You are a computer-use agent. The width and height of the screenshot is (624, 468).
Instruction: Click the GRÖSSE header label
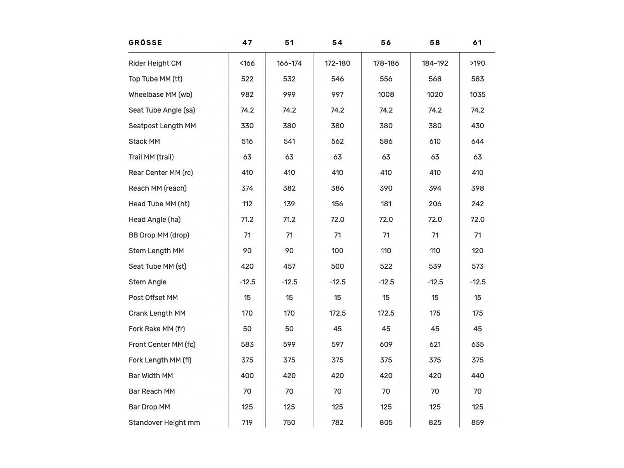145,43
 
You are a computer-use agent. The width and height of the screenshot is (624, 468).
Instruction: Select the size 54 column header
337,43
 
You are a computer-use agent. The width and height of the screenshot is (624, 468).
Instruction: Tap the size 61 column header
477,43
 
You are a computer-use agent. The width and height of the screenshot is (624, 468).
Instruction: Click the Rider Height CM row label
155,63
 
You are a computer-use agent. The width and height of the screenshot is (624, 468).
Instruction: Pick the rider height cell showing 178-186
386,63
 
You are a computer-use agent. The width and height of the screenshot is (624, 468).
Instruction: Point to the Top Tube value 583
477,79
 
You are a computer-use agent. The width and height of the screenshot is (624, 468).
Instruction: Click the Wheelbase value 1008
386,94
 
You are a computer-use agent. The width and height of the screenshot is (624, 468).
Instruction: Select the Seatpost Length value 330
247,126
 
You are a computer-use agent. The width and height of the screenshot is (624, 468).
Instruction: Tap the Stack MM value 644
477,141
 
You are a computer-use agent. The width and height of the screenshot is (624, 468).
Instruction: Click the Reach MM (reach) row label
158,188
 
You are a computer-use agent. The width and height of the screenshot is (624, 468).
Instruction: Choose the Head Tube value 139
289,204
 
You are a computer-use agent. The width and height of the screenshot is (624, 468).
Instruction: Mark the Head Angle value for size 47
247,219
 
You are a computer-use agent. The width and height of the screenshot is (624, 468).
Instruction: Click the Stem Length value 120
477,250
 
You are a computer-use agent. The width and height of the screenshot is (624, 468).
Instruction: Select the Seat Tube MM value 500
337,266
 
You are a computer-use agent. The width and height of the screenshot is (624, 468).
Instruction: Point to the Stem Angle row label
147,282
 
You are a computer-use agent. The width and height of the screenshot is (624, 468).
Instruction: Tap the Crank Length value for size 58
435,313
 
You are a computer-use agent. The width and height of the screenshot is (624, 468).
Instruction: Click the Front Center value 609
386,344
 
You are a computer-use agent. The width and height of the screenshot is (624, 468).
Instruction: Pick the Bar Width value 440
477,375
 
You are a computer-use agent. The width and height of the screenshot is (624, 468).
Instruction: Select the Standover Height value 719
247,422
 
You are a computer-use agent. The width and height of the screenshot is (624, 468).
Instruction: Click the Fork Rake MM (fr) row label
157,328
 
